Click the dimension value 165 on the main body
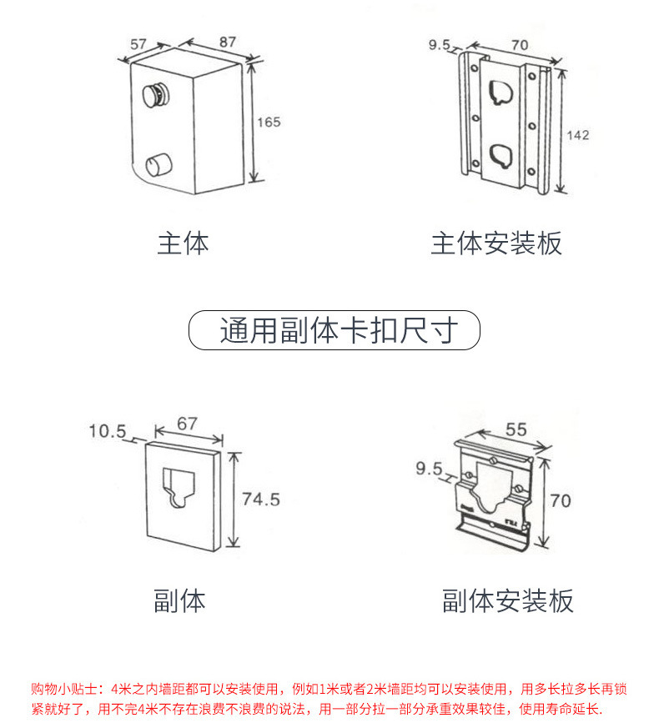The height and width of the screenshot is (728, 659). pos(269,123)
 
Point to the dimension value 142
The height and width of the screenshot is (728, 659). pos(580,135)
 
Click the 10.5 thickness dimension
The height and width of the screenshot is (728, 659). pos(107,431)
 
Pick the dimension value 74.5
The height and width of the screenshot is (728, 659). pos(260,500)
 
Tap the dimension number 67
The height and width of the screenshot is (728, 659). pos(187,424)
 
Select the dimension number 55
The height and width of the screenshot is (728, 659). pos(516,429)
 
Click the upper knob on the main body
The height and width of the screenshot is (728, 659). pos(154,94)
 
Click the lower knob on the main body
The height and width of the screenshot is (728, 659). pos(156,164)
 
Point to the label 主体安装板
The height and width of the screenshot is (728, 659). pos(496,244)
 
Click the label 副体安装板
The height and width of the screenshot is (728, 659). pos(508,600)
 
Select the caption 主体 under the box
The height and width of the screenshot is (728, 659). pos(183,244)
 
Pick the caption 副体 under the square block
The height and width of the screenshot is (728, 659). pos(179,600)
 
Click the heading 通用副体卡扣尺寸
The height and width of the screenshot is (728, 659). pos(335,330)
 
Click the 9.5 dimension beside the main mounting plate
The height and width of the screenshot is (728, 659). pos(440,44)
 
